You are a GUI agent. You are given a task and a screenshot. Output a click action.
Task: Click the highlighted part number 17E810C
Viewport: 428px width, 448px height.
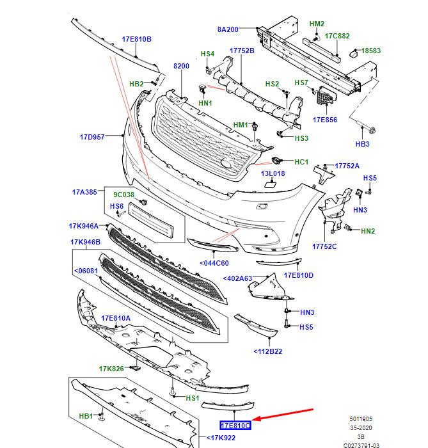tap(235, 425)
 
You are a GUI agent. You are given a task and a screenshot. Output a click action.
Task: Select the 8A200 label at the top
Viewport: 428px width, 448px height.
tap(228, 29)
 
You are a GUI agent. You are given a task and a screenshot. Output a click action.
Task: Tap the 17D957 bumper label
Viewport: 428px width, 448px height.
tap(92, 136)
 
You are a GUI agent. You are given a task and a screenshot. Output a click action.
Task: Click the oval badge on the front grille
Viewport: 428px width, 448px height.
tap(226, 163)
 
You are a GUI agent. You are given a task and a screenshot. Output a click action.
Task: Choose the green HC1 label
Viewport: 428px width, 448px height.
tap(301, 162)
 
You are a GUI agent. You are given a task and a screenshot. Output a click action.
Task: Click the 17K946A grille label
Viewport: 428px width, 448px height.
tap(84, 226)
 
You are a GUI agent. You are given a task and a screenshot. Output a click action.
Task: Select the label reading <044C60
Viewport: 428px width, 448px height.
tap(214, 263)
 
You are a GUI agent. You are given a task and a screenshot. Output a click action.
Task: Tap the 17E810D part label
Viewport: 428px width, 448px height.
tap(299, 275)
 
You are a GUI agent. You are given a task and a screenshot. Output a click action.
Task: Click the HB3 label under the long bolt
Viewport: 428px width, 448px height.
tap(362, 144)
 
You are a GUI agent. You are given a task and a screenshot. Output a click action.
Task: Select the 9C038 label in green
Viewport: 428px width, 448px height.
tap(124, 195)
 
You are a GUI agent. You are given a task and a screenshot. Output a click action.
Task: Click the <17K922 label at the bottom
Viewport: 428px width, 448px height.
tap(221, 438)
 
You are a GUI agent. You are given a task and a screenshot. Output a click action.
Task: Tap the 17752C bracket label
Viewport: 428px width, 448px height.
tap(324, 246)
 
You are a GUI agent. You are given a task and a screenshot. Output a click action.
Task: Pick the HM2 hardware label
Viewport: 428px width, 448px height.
tap(317, 24)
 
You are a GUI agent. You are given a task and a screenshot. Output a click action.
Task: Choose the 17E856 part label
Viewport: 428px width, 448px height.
tap(325, 120)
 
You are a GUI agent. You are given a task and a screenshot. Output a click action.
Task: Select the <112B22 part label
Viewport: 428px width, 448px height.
tap(268, 351)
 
